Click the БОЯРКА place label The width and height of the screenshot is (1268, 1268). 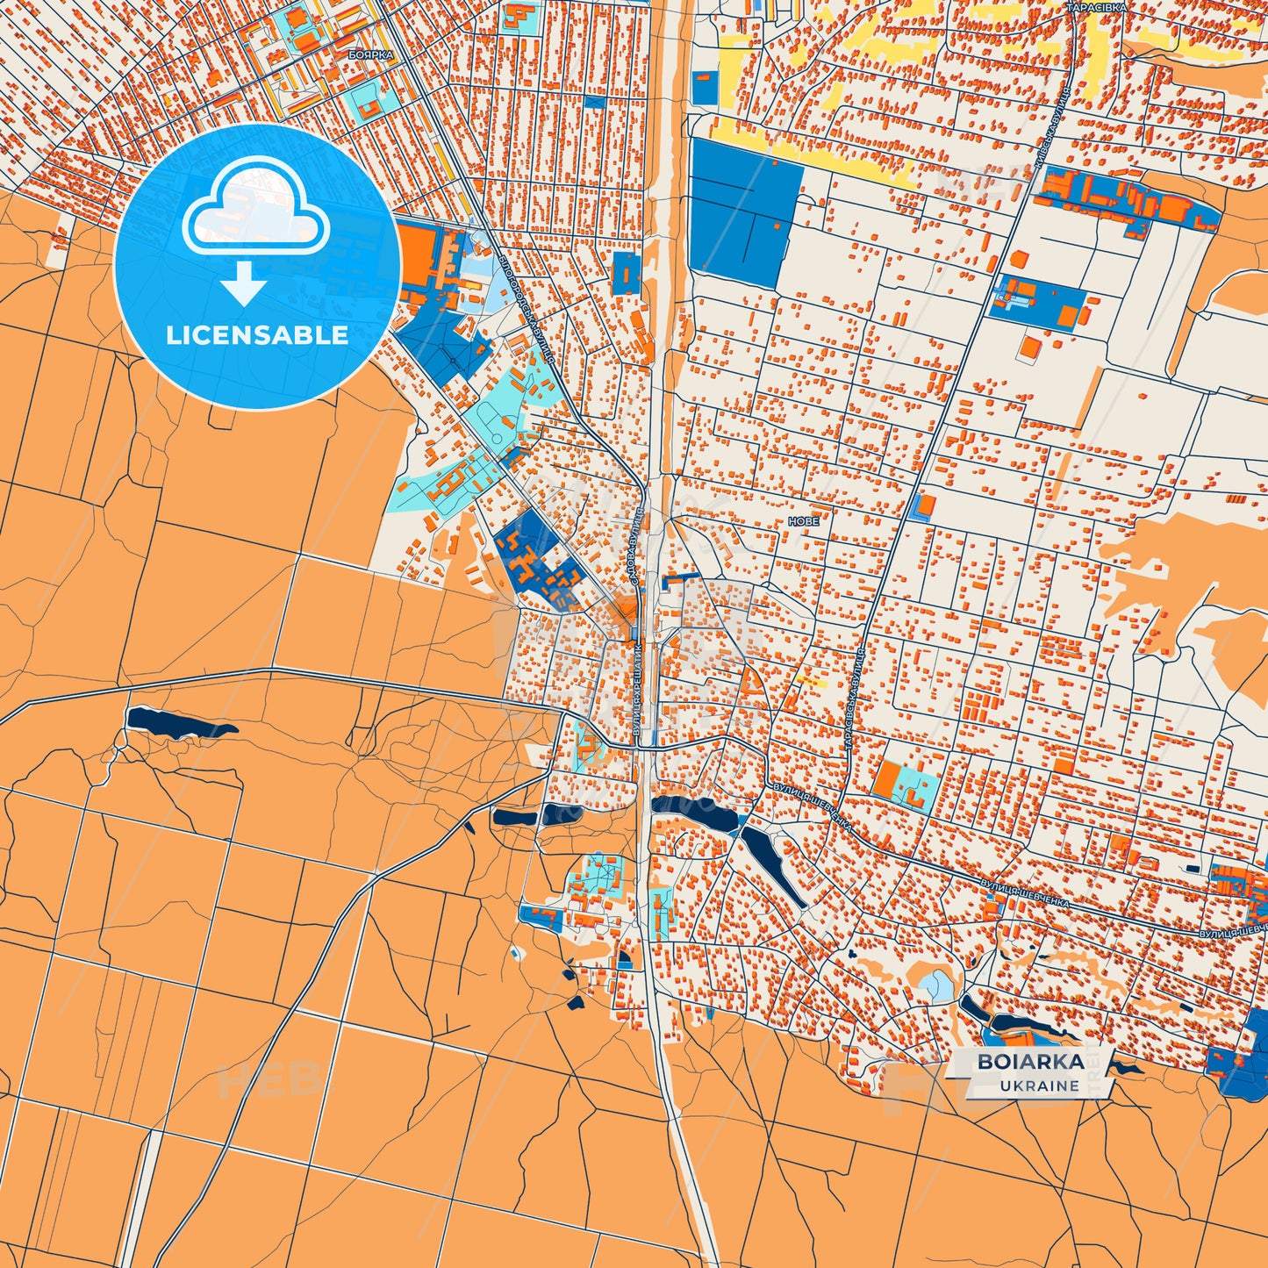click(x=370, y=54)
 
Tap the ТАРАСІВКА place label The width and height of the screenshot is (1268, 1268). click(x=1096, y=7)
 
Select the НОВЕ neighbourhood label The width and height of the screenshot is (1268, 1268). click(x=804, y=521)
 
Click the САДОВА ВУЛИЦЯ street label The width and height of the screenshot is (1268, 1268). click(x=637, y=546)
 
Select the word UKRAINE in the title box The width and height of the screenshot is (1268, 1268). click(x=1039, y=1085)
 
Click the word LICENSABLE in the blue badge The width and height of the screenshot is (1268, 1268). click(x=257, y=335)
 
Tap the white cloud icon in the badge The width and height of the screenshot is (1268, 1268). click(x=255, y=206)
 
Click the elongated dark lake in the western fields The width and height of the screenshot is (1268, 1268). click(x=178, y=723)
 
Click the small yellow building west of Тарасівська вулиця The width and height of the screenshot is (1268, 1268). click(x=808, y=680)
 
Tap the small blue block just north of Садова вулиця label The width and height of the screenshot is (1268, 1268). click(x=626, y=273)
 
